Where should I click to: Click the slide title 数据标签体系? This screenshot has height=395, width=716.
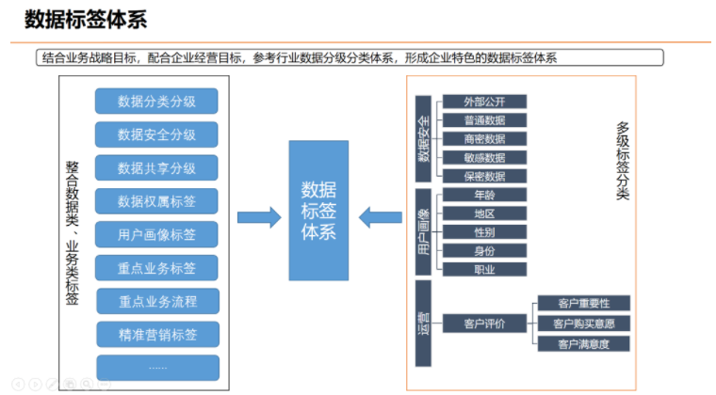pyautogui.click(x=86, y=19)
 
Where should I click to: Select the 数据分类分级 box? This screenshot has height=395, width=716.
pyautogui.click(x=156, y=102)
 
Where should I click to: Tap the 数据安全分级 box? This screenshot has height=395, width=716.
pyautogui.click(x=156, y=134)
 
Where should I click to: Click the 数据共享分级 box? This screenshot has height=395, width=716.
pyautogui.click(x=156, y=168)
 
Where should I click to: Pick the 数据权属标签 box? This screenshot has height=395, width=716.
pyautogui.click(x=156, y=201)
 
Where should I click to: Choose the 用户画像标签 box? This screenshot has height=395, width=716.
pyautogui.click(x=156, y=234)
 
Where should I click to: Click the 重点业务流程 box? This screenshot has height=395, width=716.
pyautogui.click(x=156, y=301)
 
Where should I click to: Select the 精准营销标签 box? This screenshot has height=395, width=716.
pyautogui.click(x=156, y=334)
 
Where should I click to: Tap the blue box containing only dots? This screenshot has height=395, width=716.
pyautogui.click(x=156, y=367)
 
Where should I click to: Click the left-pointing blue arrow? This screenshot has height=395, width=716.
pyautogui.click(x=381, y=217)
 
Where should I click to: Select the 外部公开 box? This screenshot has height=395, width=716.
pyautogui.click(x=484, y=102)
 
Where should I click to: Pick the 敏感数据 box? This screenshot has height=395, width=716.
pyautogui.click(x=484, y=158)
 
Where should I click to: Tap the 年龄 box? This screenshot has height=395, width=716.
pyautogui.click(x=484, y=195)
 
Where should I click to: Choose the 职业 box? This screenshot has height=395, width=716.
pyautogui.click(x=484, y=270)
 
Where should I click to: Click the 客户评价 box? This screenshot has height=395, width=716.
pyautogui.click(x=484, y=324)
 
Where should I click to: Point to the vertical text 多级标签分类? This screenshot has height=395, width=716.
pyautogui.click(x=623, y=160)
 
